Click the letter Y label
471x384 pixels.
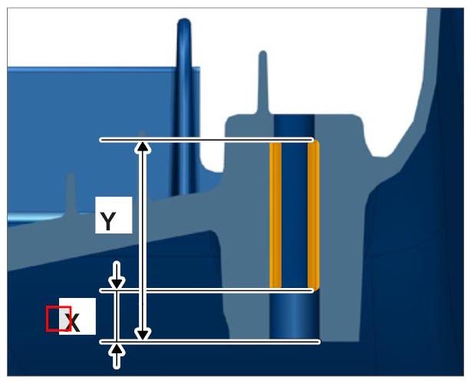pyautogui.click(x=107, y=221)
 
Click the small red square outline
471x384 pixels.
pyautogui.click(x=58, y=319)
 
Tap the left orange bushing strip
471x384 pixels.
pyautogui.click(x=275, y=215)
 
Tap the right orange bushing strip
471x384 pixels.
pyautogui.click(x=313, y=215)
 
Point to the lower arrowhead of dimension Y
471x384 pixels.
pyautogui.click(x=143, y=335)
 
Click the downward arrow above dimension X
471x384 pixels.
pyautogui.click(x=117, y=276)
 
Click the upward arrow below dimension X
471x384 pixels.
pyautogui.click(x=117, y=356)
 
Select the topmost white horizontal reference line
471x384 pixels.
pyautogui.click(x=206, y=140)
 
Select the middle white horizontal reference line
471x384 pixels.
pyautogui.click(x=206, y=290)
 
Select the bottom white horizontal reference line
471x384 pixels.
pyautogui.click(x=209, y=342)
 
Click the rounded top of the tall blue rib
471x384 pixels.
pyautogui.click(x=184, y=24)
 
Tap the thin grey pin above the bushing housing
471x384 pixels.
pyautogui.click(x=263, y=81)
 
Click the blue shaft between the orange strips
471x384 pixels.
pyautogui.click(x=295, y=215)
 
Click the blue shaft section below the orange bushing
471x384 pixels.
pyautogui.click(x=295, y=316)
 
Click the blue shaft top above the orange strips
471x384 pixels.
pyautogui.click(x=295, y=126)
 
